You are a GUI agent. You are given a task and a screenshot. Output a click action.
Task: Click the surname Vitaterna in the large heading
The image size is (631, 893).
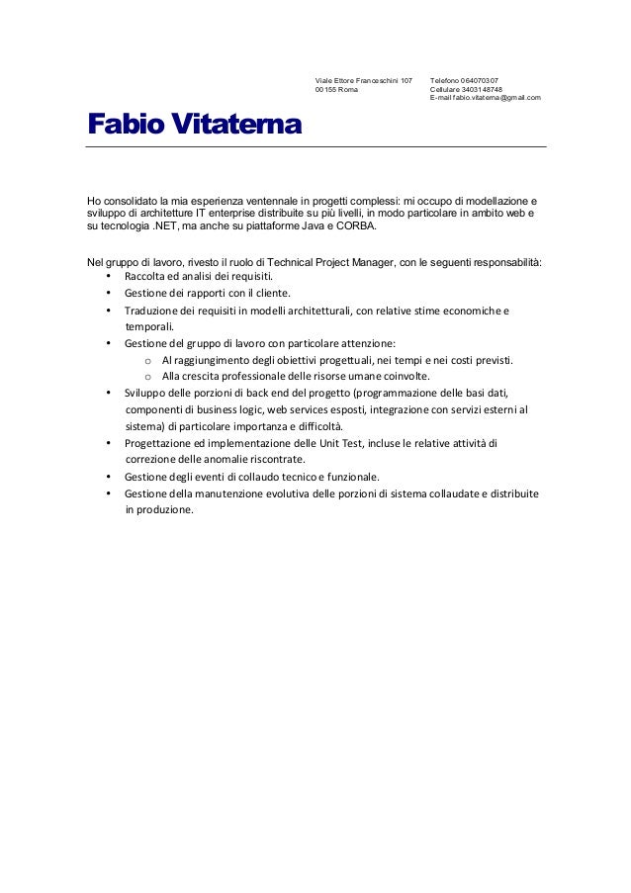[239, 126]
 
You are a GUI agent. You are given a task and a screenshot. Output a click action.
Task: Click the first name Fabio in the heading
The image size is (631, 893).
[126, 126]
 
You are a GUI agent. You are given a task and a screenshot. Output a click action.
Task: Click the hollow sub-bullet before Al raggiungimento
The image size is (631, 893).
[147, 360]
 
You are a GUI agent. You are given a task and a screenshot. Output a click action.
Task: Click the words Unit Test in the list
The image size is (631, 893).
[353, 443]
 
